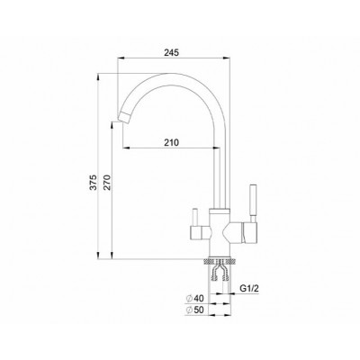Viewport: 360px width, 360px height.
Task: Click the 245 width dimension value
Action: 171,52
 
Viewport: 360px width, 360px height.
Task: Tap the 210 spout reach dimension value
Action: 171,142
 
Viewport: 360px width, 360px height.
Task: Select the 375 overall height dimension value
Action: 94,182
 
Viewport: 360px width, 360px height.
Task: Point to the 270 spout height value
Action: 107,182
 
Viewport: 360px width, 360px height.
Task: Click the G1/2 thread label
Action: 249,289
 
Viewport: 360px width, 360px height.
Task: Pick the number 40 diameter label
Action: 199,299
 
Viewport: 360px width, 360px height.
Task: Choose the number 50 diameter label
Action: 199,310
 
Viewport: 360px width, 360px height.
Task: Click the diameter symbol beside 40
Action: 189,299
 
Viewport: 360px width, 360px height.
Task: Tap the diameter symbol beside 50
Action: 189,310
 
